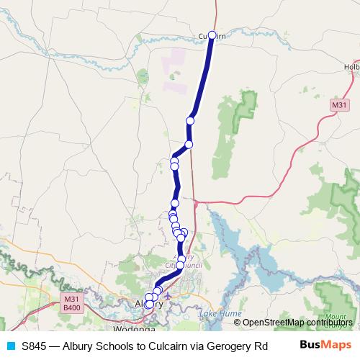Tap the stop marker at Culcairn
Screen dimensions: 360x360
212,35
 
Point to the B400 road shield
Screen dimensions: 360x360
71,307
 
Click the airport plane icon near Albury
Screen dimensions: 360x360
168,295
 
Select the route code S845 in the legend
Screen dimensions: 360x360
33,346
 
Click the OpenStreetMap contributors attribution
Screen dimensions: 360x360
297,323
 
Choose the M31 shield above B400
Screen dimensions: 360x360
71,299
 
